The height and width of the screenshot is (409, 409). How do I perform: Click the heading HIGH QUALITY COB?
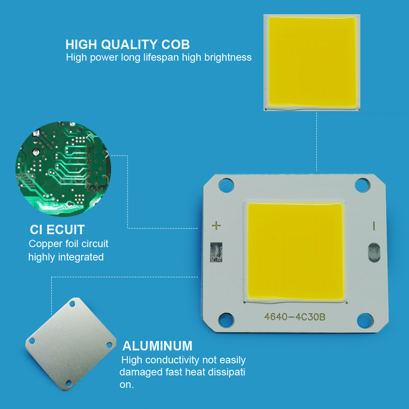pyautogui.click(x=127, y=44)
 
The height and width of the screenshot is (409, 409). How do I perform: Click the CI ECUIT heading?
pyautogui.click(x=57, y=230)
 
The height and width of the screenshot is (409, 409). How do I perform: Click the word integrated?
pyautogui.click(x=81, y=257)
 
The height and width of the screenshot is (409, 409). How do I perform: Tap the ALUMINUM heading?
pyautogui.click(x=157, y=346)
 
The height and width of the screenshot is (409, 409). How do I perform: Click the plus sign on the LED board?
pyautogui.click(x=216, y=226)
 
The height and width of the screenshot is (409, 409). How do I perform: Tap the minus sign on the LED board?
pyautogui.click(x=374, y=226)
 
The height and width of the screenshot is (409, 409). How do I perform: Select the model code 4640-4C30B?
pyautogui.click(x=295, y=317)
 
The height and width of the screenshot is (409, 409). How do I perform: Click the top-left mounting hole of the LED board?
pyautogui.click(x=226, y=185)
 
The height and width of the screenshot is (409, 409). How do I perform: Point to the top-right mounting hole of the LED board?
pyautogui.click(x=363, y=185)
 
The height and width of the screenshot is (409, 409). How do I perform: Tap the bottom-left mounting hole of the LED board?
pyautogui.click(x=226, y=320)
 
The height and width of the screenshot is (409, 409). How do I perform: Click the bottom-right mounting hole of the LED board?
pyautogui.click(x=365, y=320)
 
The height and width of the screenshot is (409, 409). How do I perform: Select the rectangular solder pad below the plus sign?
pyautogui.click(x=216, y=252)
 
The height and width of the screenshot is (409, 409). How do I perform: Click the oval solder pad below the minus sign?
pyautogui.click(x=374, y=252)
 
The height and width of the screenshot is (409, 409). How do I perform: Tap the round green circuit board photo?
pyautogui.click(x=63, y=169)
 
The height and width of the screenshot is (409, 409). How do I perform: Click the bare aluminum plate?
pyautogui.click(x=71, y=344)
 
